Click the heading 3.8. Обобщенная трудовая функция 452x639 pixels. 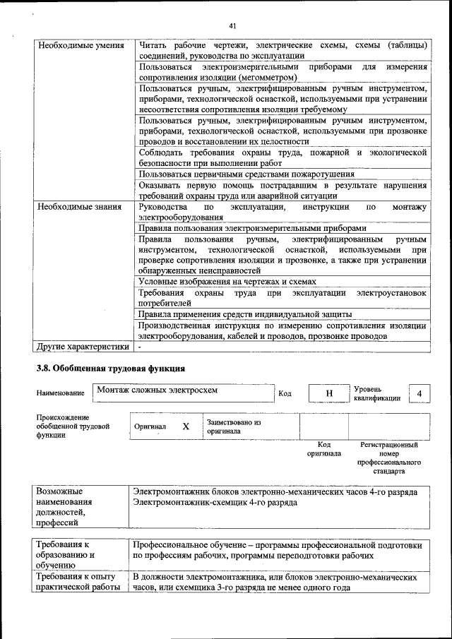point(111,369)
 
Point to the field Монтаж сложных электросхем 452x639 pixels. point(157,390)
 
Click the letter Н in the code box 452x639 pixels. point(328,393)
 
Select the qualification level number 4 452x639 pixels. point(420,393)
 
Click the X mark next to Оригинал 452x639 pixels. point(186,426)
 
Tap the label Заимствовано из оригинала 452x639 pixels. point(233,426)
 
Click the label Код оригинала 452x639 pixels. point(324,449)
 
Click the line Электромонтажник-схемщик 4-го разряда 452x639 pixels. point(215,503)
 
